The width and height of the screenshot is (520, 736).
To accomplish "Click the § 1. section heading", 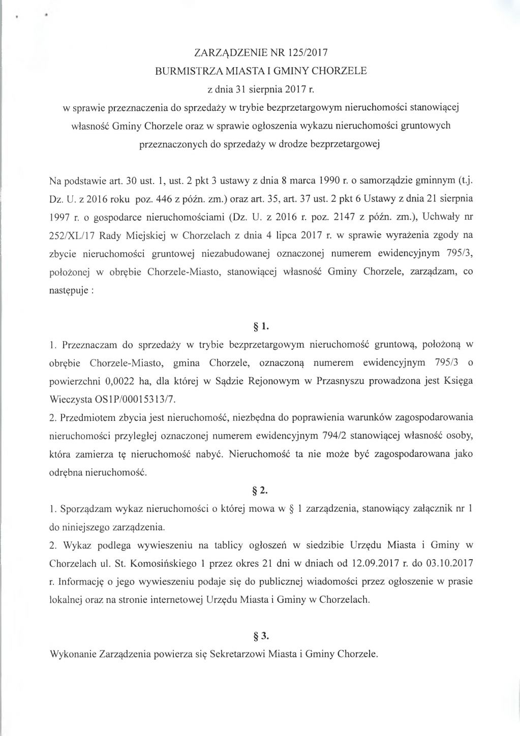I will pyautogui.click(x=260, y=326).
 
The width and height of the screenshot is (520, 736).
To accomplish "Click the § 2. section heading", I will pyautogui.click(x=260, y=490).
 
